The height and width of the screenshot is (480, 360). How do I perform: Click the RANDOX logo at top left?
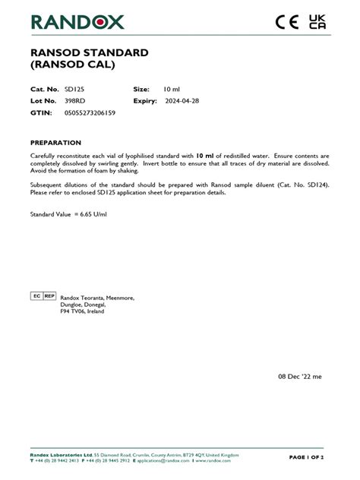(x=77, y=22)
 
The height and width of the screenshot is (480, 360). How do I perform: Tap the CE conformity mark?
(x=287, y=23)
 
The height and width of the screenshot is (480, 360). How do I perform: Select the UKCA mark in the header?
(x=317, y=23)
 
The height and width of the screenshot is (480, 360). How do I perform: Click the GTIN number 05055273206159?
(x=90, y=112)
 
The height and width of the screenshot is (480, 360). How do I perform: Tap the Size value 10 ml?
(x=172, y=89)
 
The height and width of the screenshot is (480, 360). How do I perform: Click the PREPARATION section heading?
(x=55, y=142)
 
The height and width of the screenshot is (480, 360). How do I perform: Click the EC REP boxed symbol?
(x=43, y=295)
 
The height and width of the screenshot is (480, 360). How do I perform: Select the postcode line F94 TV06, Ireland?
(x=82, y=311)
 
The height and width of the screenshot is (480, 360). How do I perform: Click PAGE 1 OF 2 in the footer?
(x=306, y=458)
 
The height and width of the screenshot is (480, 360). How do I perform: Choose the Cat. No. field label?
(x=44, y=89)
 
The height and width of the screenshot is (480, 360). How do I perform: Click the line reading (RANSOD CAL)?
(x=72, y=65)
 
